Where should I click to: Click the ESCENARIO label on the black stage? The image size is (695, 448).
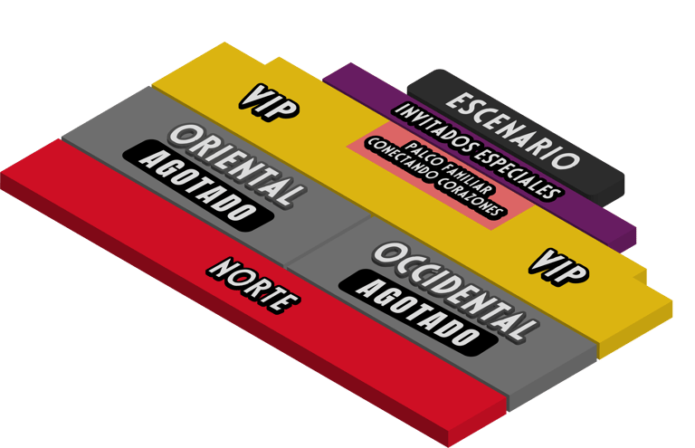(x=511, y=130)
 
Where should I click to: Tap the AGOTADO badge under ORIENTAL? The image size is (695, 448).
(x=198, y=184)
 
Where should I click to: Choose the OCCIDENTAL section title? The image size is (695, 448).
(x=452, y=290)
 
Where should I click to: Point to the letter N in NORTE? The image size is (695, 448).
(x=218, y=268)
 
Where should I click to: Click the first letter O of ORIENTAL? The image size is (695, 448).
(x=182, y=136)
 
